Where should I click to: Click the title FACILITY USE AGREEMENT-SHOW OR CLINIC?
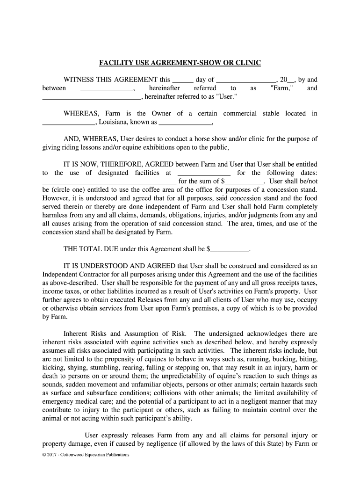pyautogui.click(x=180, y=63)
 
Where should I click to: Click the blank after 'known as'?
pyautogui.click(x=186, y=124)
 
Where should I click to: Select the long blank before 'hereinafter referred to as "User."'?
pyautogui.click(x=92, y=98)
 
